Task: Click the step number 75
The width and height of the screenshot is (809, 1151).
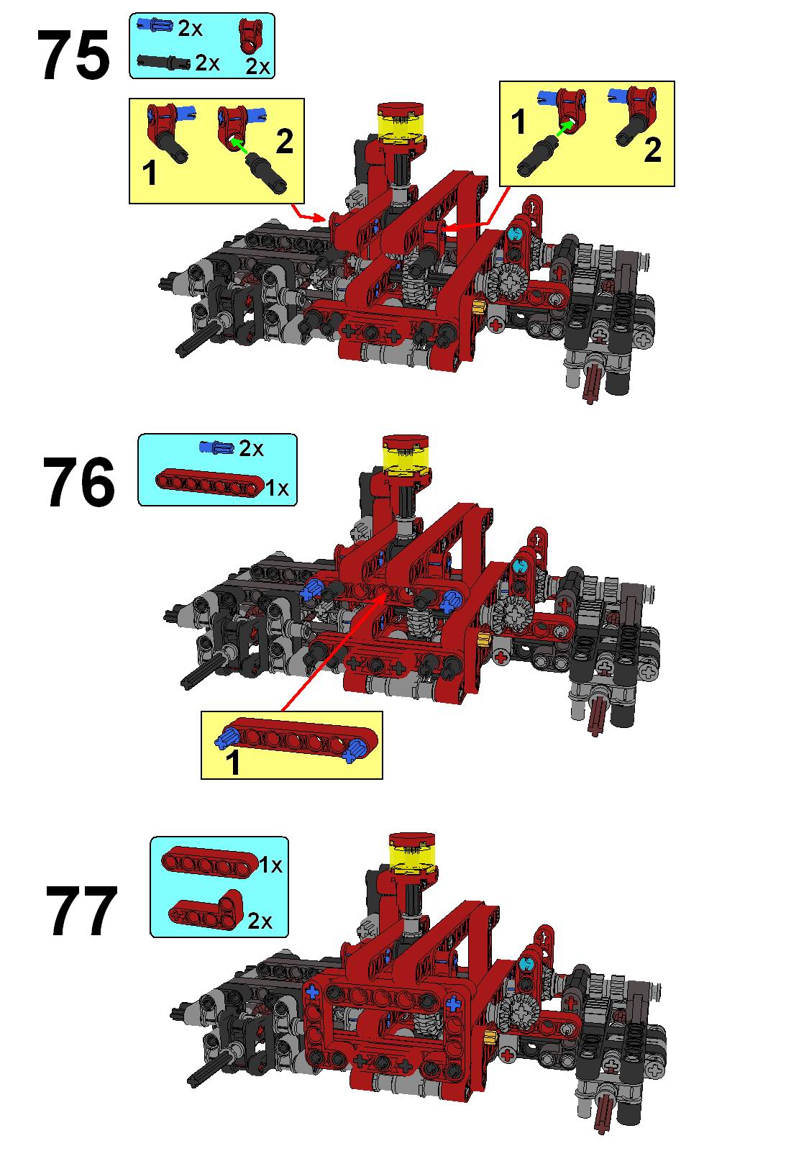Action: (x=73, y=55)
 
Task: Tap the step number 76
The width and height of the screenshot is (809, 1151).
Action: (x=78, y=481)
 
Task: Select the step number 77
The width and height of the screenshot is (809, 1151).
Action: (x=82, y=911)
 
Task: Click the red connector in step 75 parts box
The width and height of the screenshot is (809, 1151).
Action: (x=251, y=36)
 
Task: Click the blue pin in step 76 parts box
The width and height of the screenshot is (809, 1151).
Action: (x=216, y=447)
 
